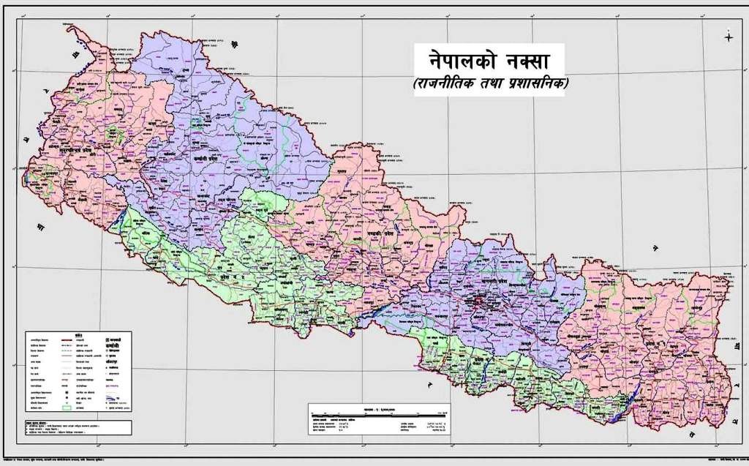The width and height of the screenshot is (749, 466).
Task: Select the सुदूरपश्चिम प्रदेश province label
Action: coord(67,147)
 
